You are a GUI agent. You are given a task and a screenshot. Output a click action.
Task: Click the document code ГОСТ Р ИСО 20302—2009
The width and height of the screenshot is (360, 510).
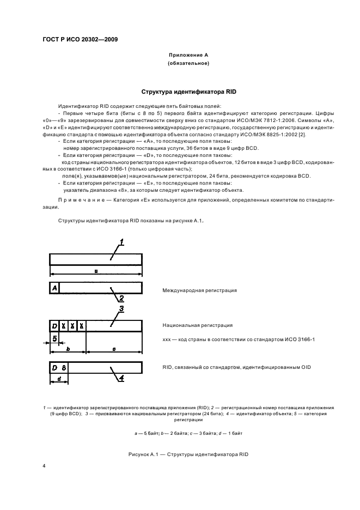80,40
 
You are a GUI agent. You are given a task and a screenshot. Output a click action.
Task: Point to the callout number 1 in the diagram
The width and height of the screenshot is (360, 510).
121,241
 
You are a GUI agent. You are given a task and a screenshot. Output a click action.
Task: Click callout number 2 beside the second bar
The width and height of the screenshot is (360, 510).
121,298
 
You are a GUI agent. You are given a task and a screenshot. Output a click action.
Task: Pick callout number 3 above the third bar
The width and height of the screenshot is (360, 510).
121,309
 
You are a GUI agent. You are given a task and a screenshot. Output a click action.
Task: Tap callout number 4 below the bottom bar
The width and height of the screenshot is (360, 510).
121,377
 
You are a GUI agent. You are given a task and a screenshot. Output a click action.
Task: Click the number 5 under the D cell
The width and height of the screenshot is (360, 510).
55,339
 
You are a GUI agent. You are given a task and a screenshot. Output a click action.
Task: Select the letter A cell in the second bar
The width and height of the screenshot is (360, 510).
54,287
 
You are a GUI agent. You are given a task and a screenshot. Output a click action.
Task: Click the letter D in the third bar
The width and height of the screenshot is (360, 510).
54,325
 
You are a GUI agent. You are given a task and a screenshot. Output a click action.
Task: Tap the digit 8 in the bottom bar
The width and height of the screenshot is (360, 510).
64,367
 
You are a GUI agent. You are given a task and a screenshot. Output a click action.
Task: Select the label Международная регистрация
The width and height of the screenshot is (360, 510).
199,290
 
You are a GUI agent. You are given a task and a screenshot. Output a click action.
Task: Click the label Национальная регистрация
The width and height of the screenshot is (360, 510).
197,325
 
